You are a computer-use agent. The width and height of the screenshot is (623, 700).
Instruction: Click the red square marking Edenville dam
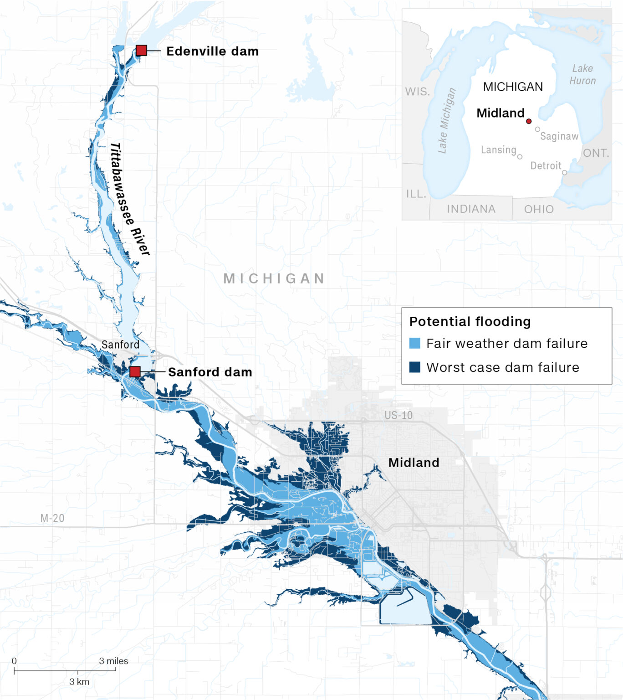pyautogui.click(x=141, y=51)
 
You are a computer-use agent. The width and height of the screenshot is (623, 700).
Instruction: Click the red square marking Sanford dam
pyautogui.click(x=135, y=371)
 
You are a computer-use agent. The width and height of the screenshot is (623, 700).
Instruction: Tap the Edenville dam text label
pyautogui.click(x=212, y=51)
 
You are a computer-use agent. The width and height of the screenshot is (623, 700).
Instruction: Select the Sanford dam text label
pyautogui.click(x=210, y=372)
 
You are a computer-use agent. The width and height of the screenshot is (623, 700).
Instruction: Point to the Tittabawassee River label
pyautogui.click(x=129, y=199)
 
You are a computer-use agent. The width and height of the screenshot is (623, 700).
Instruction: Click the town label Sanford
pyautogui.click(x=120, y=345)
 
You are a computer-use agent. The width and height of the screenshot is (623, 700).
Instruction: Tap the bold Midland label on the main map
pyautogui.click(x=414, y=463)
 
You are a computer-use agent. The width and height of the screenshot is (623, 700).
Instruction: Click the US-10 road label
pyautogui.click(x=398, y=415)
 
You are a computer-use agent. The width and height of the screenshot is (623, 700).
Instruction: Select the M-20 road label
pyautogui.click(x=52, y=518)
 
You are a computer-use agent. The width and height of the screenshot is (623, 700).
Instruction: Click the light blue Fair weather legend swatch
pyautogui.click(x=414, y=343)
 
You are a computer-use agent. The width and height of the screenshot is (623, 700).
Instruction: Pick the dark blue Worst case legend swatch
pyautogui.click(x=414, y=367)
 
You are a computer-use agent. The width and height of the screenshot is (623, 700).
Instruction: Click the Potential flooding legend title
pyautogui.click(x=470, y=321)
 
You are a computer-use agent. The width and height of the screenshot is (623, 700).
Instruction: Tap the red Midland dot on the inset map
pyautogui.click(x=529, y=121)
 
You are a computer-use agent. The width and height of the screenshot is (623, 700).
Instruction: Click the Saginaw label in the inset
pyautogui.click(x=559, y=136)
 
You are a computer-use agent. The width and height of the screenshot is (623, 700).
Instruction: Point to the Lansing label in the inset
pyautogui.click(x=498, y=150)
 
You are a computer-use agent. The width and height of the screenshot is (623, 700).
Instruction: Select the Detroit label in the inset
pyautogui.click(x=546, y=166)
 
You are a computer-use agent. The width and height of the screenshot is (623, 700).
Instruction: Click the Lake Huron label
pyautogui.click(x=582, y=74)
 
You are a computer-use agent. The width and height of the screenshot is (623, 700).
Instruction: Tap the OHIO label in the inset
pyautogui.click(x=539, y=209)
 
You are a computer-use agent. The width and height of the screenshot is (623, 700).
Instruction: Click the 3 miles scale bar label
pyautogui.click(x=113, y=661)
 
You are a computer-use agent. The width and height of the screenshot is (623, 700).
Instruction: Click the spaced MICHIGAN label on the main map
pyautogui.click(x=274, y=278)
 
